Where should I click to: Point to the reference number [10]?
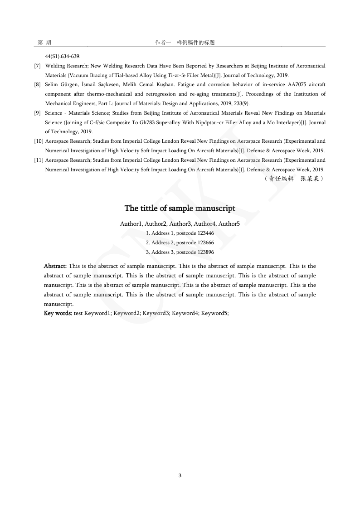[x=39, y=141]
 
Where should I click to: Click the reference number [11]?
[x=39, y=160]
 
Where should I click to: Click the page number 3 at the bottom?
[x=180, y=475]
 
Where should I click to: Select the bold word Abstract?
[x=55, y=266]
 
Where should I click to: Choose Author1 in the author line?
[x=131, y=223]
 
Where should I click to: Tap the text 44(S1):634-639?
[x=63, y=57]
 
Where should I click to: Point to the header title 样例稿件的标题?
[x=195, y=43]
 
